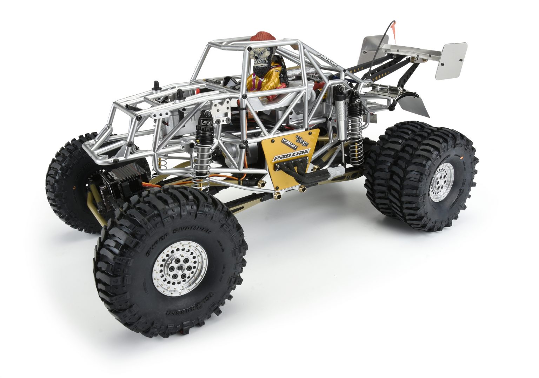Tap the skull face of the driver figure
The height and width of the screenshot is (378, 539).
[258, 56]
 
